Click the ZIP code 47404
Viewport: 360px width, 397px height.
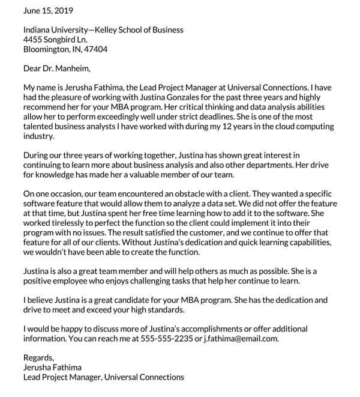tap(95, 49)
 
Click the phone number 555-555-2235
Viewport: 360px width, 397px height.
tap(181, 338)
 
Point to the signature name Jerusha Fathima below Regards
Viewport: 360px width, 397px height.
tap(52, 368)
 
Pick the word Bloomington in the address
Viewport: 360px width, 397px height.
tap(49, 49)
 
